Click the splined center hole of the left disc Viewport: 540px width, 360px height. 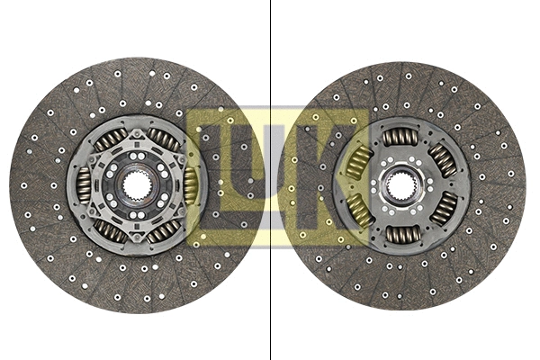coord(137,185)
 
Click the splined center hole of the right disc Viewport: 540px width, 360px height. coord(401,186)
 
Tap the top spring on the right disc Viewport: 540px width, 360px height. coord(400,137)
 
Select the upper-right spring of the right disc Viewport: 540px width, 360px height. coord(443,159)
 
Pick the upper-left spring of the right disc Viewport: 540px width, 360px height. coord(359,162)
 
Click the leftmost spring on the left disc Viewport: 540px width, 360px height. coord(84,186)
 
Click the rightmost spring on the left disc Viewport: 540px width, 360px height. coord(191,184)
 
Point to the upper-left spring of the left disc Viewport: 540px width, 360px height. coord(110,139)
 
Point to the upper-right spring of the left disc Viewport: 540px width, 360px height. coord(164,139)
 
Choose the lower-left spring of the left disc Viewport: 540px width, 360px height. coord(110,231)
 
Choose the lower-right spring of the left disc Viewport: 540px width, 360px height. coord(164,231)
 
